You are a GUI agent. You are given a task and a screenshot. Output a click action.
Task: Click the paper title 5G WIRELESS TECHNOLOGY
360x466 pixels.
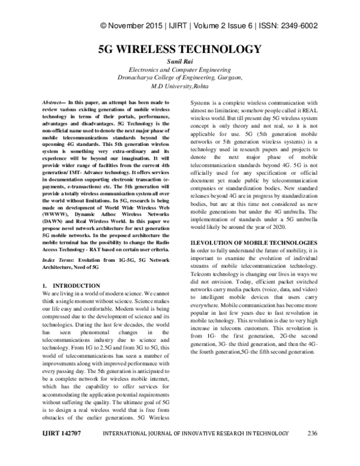[180, 49]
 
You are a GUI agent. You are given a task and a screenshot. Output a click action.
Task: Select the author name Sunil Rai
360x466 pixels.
[180, 62]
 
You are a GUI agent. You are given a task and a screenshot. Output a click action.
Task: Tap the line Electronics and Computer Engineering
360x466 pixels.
[180, 70]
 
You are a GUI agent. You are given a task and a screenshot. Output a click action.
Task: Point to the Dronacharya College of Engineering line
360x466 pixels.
[180, 78]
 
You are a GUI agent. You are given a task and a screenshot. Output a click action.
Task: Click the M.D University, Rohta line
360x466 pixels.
[180, 86]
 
